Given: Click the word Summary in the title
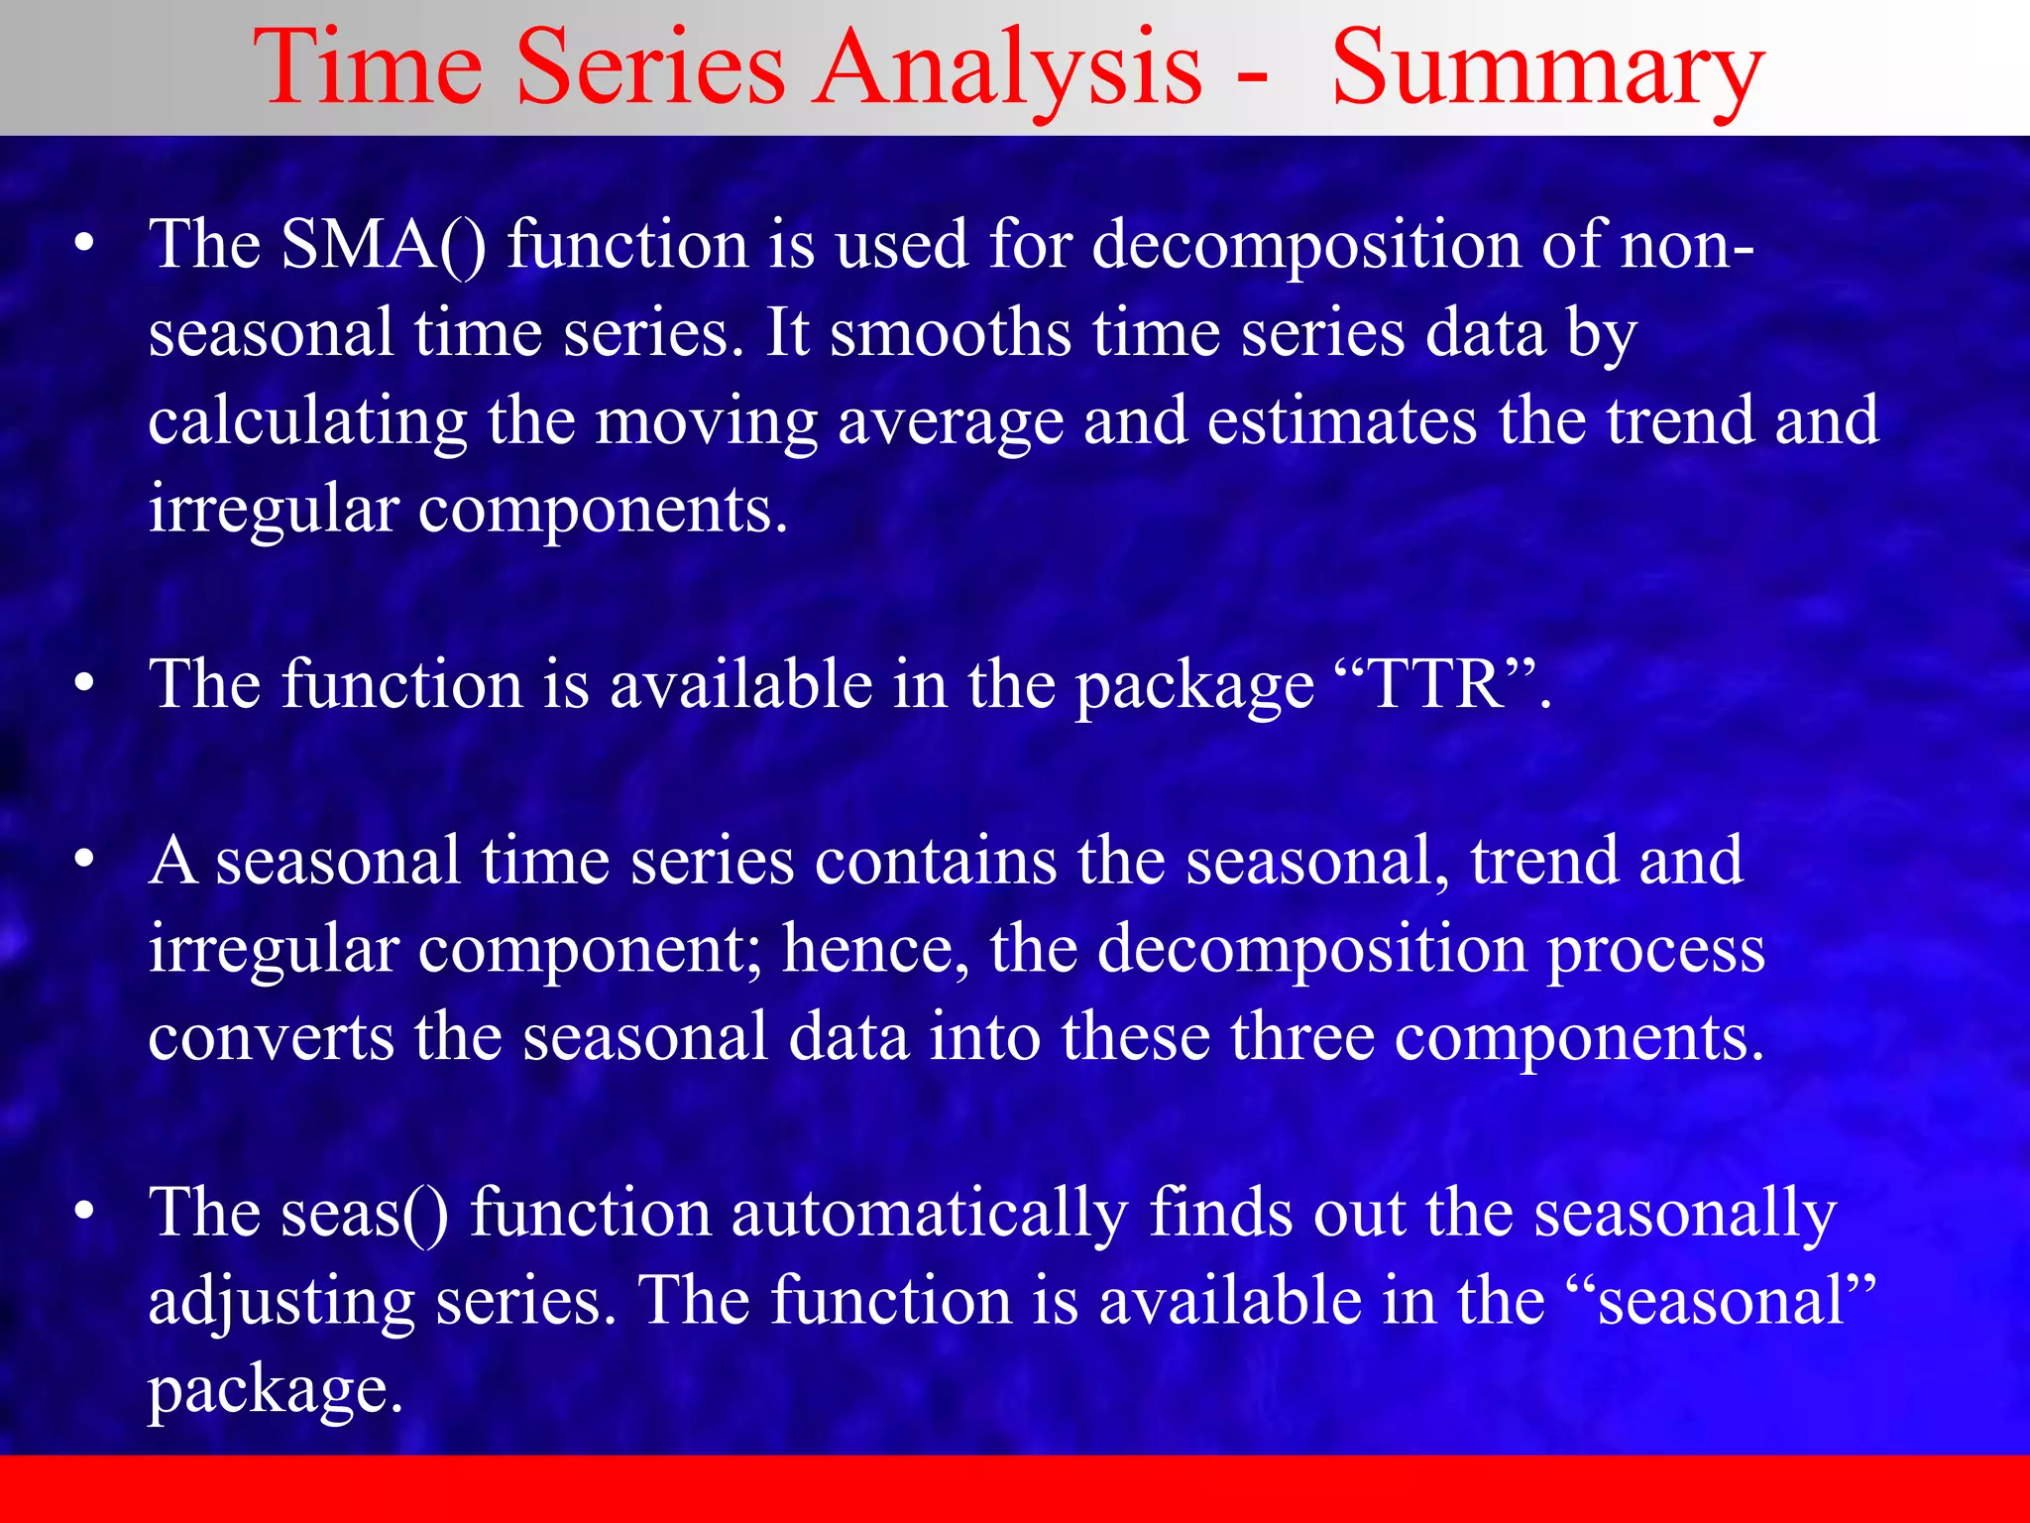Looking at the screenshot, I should [1546, 69].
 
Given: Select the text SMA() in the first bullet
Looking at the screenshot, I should [383, 245].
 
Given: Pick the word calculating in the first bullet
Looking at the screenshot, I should [307, 421].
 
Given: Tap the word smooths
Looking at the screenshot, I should [950, 333].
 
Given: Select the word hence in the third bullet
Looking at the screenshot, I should [873, 949].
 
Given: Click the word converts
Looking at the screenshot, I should [271, 1037].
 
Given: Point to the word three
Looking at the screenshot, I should [1301, 1037].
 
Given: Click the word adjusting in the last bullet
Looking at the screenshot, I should [281, 1301].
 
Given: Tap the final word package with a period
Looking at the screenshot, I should [275, 1390].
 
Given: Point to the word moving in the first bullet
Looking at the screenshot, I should [706, 421].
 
